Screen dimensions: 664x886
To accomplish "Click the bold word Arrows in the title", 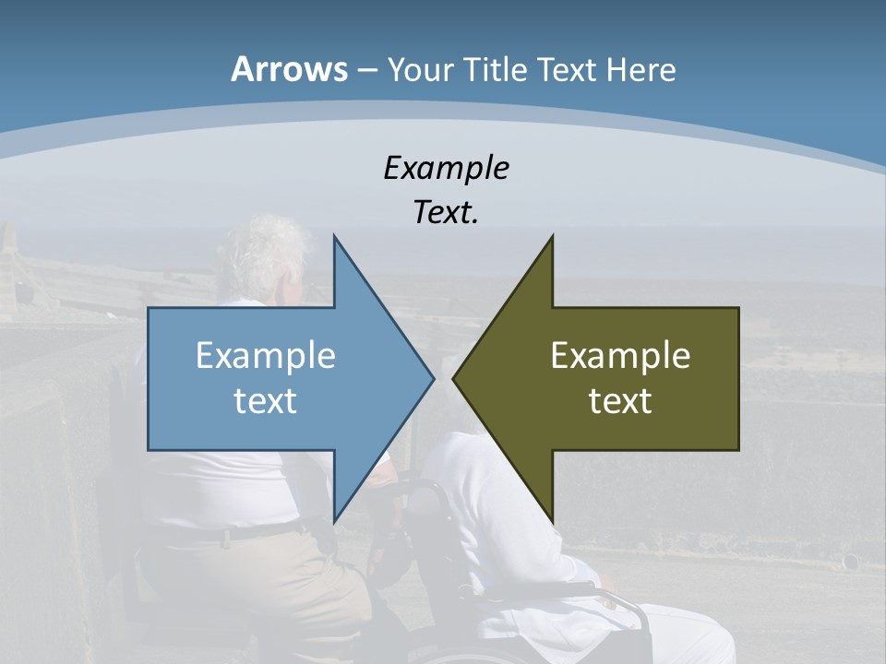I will coord(288,69).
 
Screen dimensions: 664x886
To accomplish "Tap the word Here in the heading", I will coord(641,69).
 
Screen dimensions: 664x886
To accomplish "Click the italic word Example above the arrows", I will coord(446,168).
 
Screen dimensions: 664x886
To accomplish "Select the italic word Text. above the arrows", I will coord(446,213).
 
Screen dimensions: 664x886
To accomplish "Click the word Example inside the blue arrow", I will coord(265,356).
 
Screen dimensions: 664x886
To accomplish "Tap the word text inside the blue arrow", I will coord(265,401).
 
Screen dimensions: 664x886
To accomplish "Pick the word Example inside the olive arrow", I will coord(620,356).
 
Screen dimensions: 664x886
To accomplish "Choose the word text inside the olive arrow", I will coord(620,401).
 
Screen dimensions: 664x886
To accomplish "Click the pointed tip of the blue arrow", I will coord(434,378).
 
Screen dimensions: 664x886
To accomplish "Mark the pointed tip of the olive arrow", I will coord(453,378).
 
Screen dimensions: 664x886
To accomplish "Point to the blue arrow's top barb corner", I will coord(334,235).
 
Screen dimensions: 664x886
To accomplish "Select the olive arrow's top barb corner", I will coord(553,235).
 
